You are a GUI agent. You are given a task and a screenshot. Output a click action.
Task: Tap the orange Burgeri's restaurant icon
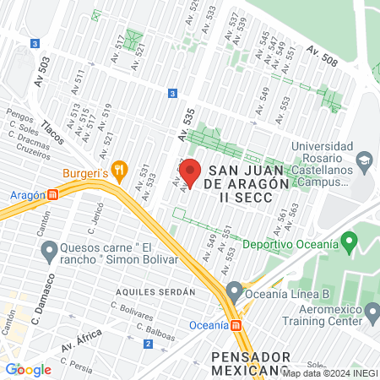tap(121, 169)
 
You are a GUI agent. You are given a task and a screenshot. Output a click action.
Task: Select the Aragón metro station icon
tap(53, 194)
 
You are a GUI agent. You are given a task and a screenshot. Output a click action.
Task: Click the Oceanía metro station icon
tap(236, 324)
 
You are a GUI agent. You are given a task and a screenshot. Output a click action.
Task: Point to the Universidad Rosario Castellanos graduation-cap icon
tap(364, 160)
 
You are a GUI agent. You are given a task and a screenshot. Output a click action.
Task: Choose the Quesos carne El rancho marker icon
tap(48, 250)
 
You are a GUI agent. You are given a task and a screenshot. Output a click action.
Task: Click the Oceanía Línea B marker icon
tap(234, 294)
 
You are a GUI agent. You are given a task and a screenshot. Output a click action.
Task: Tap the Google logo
tap(29, 369)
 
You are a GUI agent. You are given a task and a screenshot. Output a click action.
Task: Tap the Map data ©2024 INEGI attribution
tap(329, 372)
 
